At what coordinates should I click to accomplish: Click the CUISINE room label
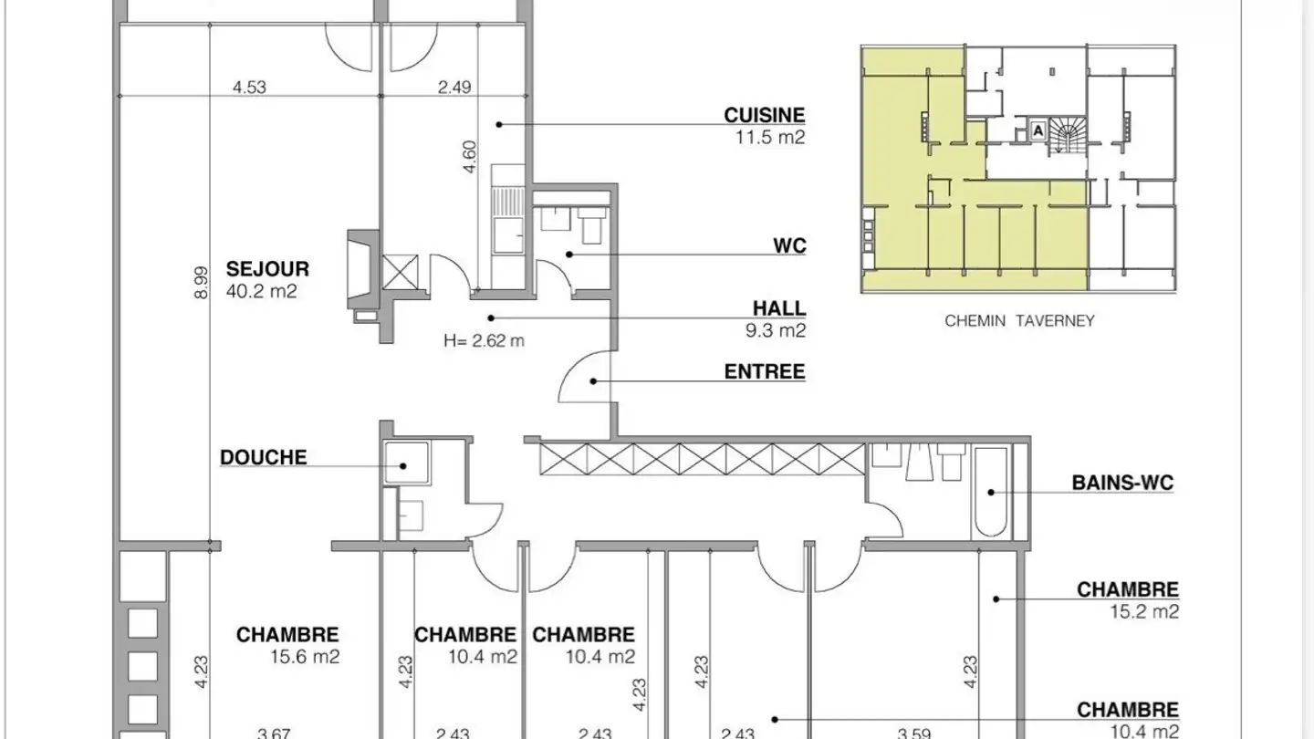click(x=765, y=115)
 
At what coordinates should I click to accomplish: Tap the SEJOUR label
click(x=267, y=268)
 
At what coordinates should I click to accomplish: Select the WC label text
click(x=789, y=245)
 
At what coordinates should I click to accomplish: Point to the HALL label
click(x=779, y=308)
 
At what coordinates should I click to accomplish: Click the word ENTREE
click(x=765, y=371)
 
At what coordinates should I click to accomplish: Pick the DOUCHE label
click(x=264, y=457)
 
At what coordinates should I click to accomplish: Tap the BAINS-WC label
click(x=1122, y=483)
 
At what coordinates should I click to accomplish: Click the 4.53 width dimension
click(x=249, y=88)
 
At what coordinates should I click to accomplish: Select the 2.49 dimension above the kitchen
click(x=454, y=88)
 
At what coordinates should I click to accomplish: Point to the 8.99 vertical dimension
click(x=201, y=283)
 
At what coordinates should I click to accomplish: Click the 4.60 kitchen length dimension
click(x=470, y=157)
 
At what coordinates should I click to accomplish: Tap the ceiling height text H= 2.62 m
click(x=484, y=341)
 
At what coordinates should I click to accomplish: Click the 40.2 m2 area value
click(x=262, y=291)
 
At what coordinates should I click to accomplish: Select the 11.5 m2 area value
click(x=770, y=137)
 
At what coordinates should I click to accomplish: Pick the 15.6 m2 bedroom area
click(x=305, y=656)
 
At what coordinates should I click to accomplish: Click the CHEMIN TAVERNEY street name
click(x=1019, y=321)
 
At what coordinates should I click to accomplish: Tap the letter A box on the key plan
click(x=1038, y=130)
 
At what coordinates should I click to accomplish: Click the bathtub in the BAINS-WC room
click(x=991, y=492)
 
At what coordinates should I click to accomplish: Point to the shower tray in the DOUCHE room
click(x=407, y=463)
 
